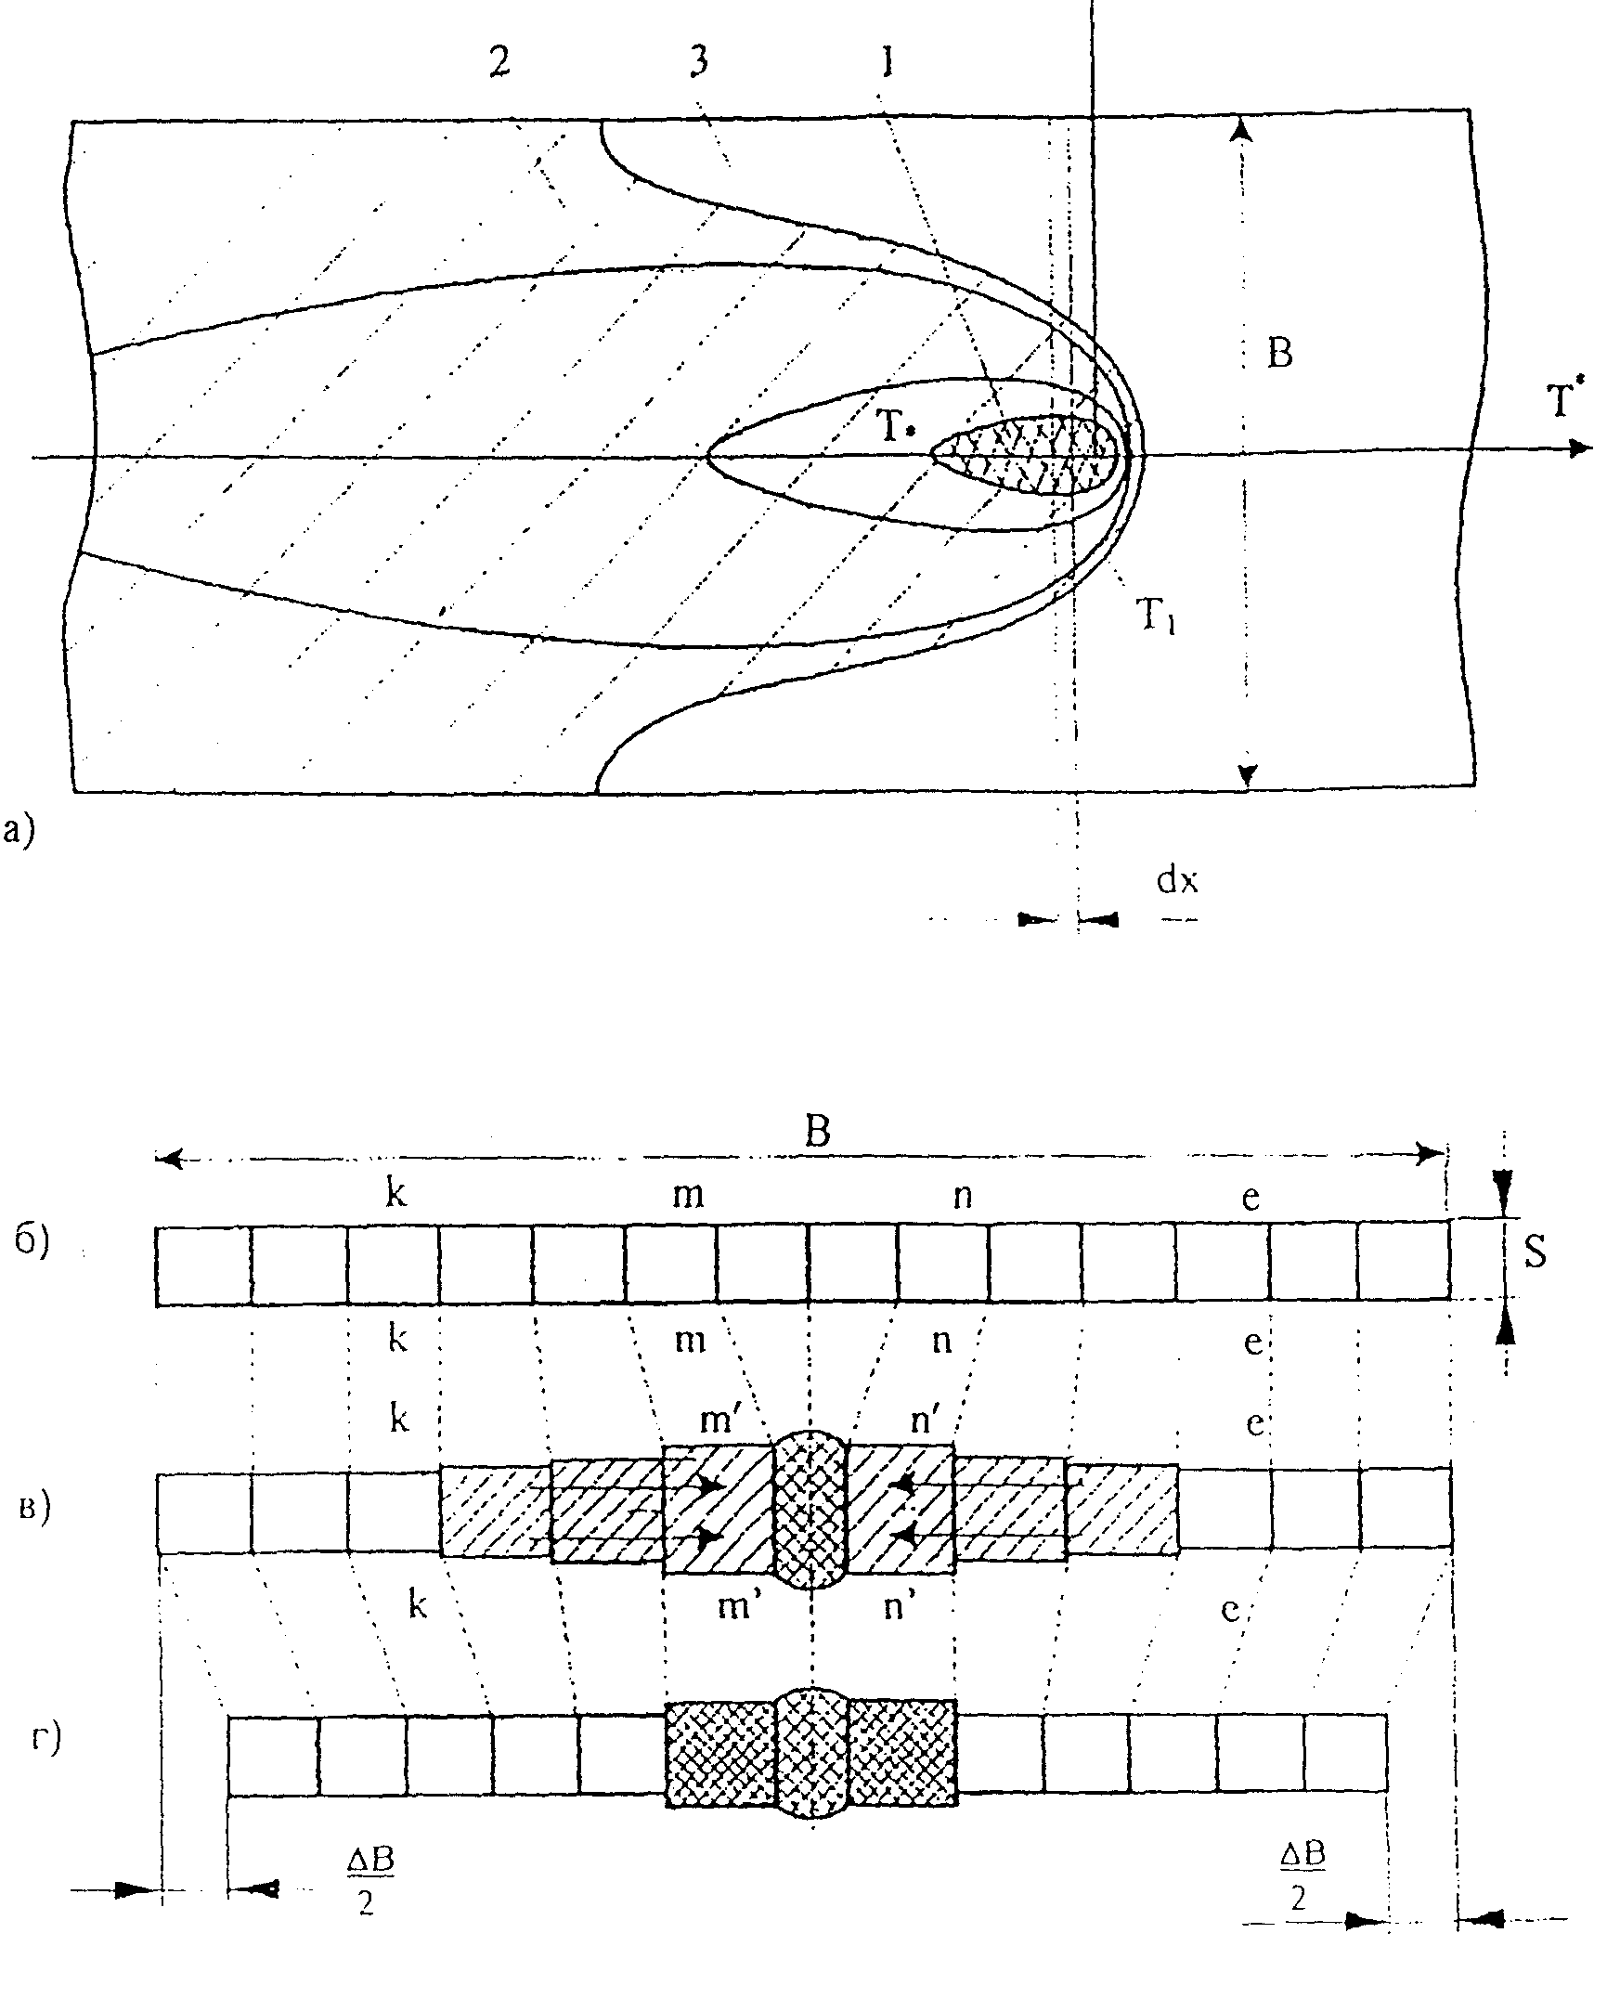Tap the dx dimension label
coord(1176,880)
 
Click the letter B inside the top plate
coord(1279,353)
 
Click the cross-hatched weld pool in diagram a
coord(1030,452)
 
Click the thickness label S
coord(1536,1253)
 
